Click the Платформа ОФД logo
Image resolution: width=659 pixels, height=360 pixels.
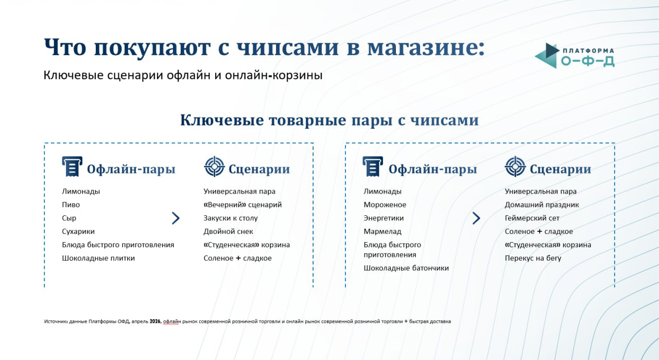coord(574,56)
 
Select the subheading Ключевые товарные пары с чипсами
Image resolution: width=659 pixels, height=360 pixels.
coord(329,120)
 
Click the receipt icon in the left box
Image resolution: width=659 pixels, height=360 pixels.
coord(72,166)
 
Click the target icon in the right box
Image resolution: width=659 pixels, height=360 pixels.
coord(515,166)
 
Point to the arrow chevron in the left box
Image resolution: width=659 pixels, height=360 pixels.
coord(176,218)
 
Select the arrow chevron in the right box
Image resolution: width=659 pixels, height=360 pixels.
coord(476,218)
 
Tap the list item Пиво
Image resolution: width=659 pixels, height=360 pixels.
coord(71,204)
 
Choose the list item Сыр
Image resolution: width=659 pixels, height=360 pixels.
coord(69,218)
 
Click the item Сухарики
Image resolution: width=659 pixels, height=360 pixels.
coord(78,231)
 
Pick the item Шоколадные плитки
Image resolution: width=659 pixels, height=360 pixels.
coord(98,258)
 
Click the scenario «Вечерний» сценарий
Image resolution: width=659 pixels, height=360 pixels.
coord(242,204)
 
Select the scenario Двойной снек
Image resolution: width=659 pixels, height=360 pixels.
coord(228,231)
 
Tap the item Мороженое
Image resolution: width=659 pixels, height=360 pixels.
coord(385,204)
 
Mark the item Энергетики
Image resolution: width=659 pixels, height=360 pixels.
coord(384,218)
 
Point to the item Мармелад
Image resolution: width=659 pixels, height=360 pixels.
coord(383,231)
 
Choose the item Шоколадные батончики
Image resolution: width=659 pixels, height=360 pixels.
coord(406,268)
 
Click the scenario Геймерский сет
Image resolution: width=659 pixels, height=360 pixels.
coord(532,218)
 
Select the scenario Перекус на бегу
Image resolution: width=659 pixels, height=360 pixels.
coord(533,258)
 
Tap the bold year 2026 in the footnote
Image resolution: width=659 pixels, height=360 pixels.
coord(155,321)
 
